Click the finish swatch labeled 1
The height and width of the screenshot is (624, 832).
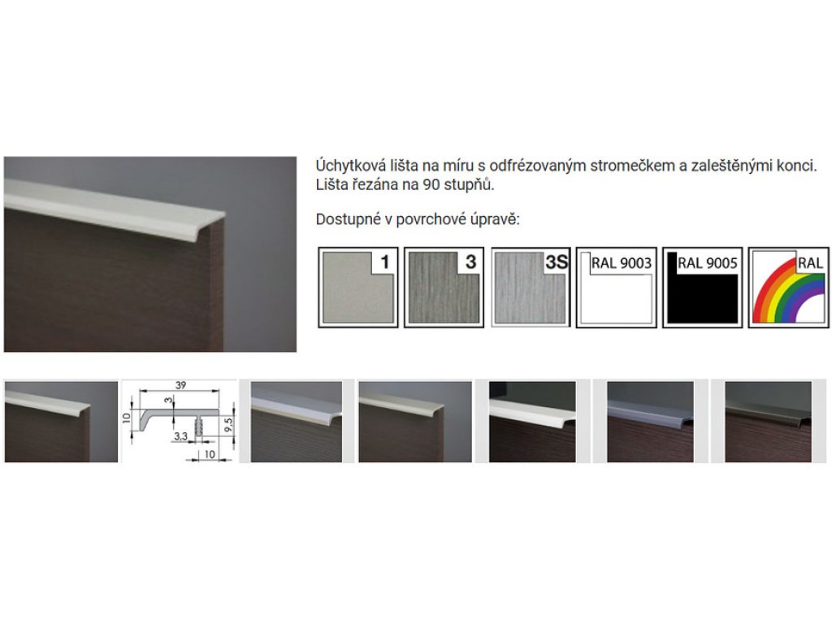click(x=357, y=287)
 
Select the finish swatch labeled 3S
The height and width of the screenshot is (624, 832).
click(x=531, y=287)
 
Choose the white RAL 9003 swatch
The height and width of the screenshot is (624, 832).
click(x=617, y=287)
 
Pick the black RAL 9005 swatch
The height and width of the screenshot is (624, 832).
click(x=703, y=287)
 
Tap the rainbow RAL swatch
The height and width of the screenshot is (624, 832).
click(x=788, y=287)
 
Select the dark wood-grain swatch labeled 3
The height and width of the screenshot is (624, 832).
click(x=444, y=287)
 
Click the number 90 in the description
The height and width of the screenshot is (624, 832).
click(x=431, y=185)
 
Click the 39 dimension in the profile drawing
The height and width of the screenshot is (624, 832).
click(x=180, y=385)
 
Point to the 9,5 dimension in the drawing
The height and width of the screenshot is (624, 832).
click(x=228, y=424)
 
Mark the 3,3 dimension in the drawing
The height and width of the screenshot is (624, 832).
click(x=180, y=436)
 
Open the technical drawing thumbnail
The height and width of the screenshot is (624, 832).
click(x=180, y=422)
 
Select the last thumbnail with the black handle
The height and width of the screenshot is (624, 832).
click(x=769, y=422)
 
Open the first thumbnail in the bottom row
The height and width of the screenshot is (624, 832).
click(x=61, y=422)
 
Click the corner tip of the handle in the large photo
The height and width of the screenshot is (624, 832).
click(x=224, y=214)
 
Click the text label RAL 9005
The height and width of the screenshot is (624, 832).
click(x=708, y=263)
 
